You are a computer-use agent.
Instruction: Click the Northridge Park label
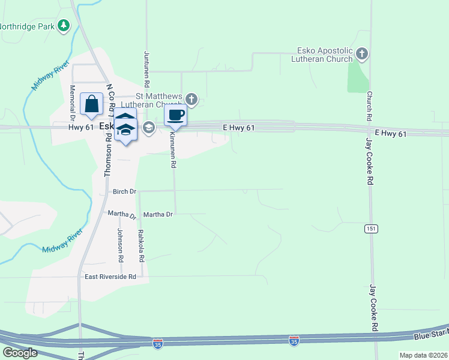point(27,26)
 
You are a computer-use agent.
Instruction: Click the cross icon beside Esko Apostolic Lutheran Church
point(361,54)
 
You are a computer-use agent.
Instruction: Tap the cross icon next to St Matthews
point(191,99)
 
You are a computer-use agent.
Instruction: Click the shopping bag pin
point(91,104)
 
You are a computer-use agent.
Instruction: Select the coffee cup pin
point(175,115)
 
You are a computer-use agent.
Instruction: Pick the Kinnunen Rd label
point(173,152)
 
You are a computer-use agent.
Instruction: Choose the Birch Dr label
point(125,191)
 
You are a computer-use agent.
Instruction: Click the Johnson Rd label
point(120,245)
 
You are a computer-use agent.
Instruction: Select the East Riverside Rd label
point(110,277)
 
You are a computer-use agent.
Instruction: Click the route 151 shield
point(370,229)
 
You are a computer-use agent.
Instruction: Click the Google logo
point(20,352)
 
